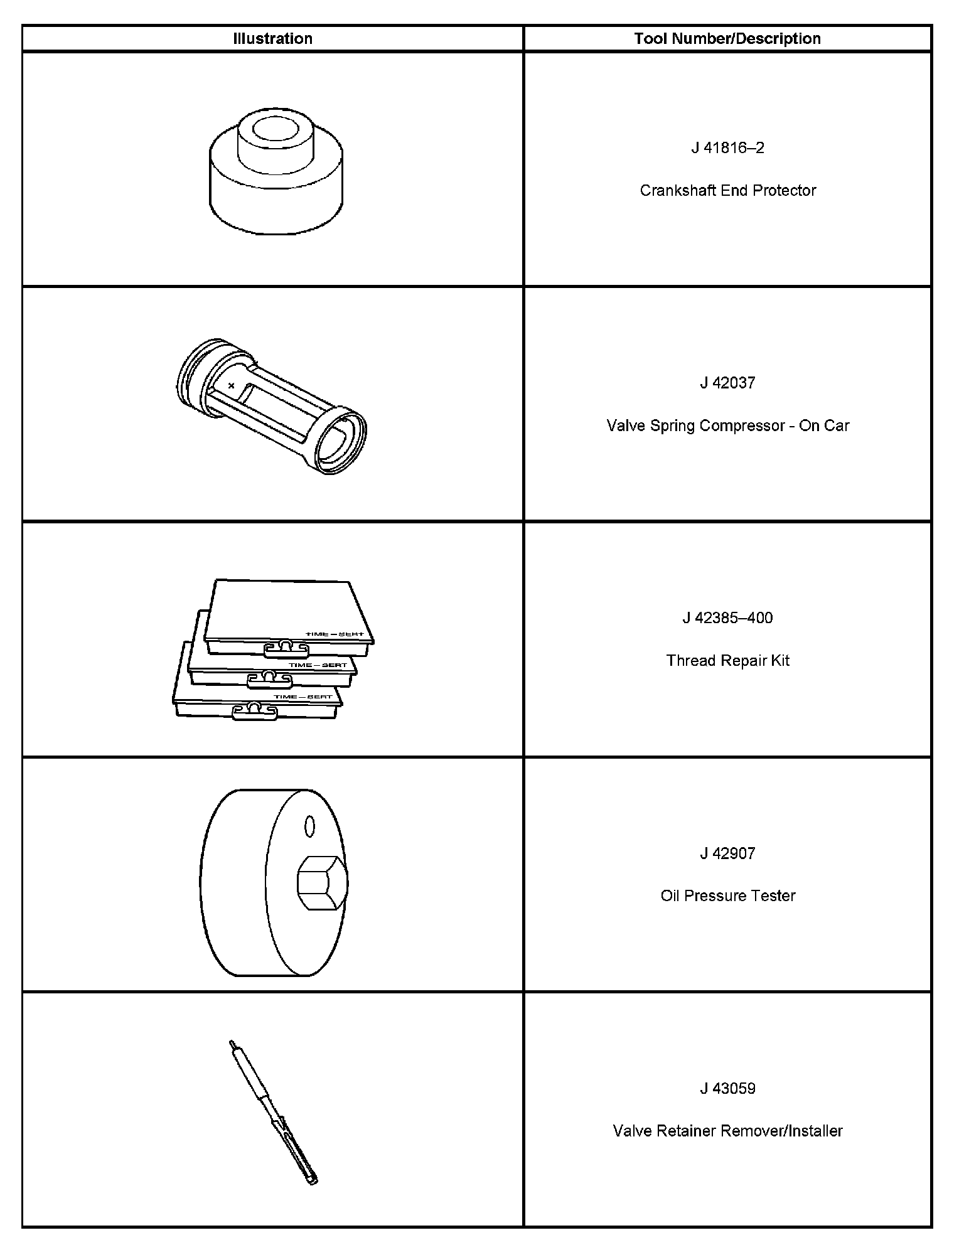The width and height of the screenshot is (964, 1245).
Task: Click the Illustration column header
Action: pyautogui.click(x=272, y=38)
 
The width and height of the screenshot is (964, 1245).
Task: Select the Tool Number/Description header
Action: pyautogui.click(x=727, y=38)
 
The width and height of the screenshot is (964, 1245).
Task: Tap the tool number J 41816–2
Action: pyautogui.click(x=727, y=148)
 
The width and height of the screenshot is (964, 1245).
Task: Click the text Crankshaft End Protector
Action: pyautogui.click(x=727, y=190)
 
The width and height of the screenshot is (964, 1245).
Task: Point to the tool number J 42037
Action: pyautogui.click(x=727, y=383)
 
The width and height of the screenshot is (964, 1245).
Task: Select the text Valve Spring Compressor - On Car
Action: pyautogui.click(x=727, y=425)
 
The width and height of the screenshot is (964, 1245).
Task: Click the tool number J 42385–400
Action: pyautogui.click(x=727, y=618)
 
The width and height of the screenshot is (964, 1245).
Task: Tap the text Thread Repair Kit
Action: pyautogui.click(x=727, y=661)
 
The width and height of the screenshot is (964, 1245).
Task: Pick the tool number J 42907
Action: pyautogui.click(x=727, y=853)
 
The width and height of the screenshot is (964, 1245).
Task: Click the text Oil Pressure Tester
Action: pyautogui.click(x=727, y=895)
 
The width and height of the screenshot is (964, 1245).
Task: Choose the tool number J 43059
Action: pyautogui.click(x=727, y=1088)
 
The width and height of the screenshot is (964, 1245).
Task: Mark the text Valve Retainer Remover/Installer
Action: pyautogui.click(x=727, y=1131)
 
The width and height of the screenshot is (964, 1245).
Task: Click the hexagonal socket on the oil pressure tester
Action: pyautogui.click(x=319, y=883)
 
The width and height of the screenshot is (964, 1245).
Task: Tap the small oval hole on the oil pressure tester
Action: pyautogui.click(x=309, y=826)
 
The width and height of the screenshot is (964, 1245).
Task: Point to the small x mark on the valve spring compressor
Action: pyautogui.click(x=232, y=385)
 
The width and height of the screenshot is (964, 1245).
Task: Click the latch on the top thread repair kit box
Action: pyautogui.click(x=285, y=648)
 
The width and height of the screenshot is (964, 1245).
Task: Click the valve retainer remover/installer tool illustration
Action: pyautogui.click(x=273, y=1111)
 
